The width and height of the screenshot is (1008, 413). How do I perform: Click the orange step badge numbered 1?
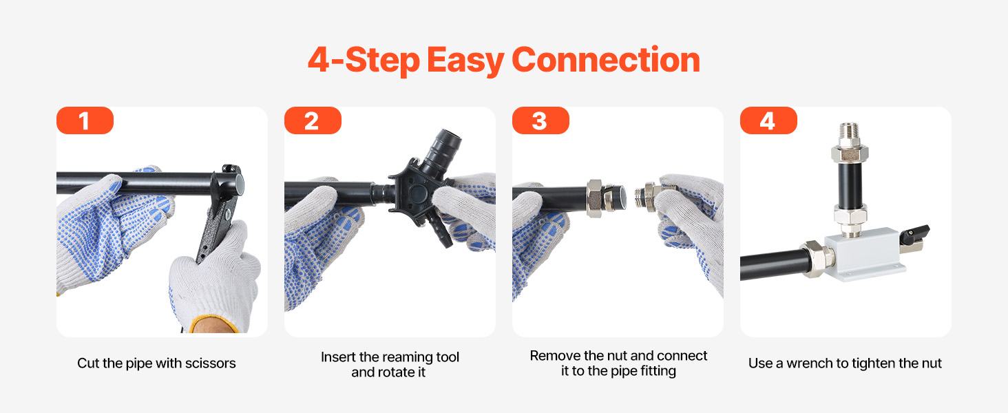pyautogui.click(x=85, y=120)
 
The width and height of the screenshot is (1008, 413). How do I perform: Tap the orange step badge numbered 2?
pyautogui.click(x=313, y=120)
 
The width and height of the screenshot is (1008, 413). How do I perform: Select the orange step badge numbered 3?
pyautogui.click(x=540, y=120)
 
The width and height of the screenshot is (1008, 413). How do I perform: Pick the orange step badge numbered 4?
pyautogui.click(x=768, y=120)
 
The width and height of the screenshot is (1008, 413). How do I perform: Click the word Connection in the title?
pyautogui.click(x=606, y=60)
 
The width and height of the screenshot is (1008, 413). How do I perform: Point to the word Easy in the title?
pyautogui.click(x=465, y=61)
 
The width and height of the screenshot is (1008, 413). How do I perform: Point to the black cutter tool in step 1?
pyautogui.click(x=220, y=211)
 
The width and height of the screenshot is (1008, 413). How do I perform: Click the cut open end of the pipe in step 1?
pyautogui.click(x=239, y=184)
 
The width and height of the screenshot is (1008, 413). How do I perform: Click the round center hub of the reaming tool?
pyautogui.click(x=417, y=193)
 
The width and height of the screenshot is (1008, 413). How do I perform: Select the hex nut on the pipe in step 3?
pyautogui.click(x=594, y=198)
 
